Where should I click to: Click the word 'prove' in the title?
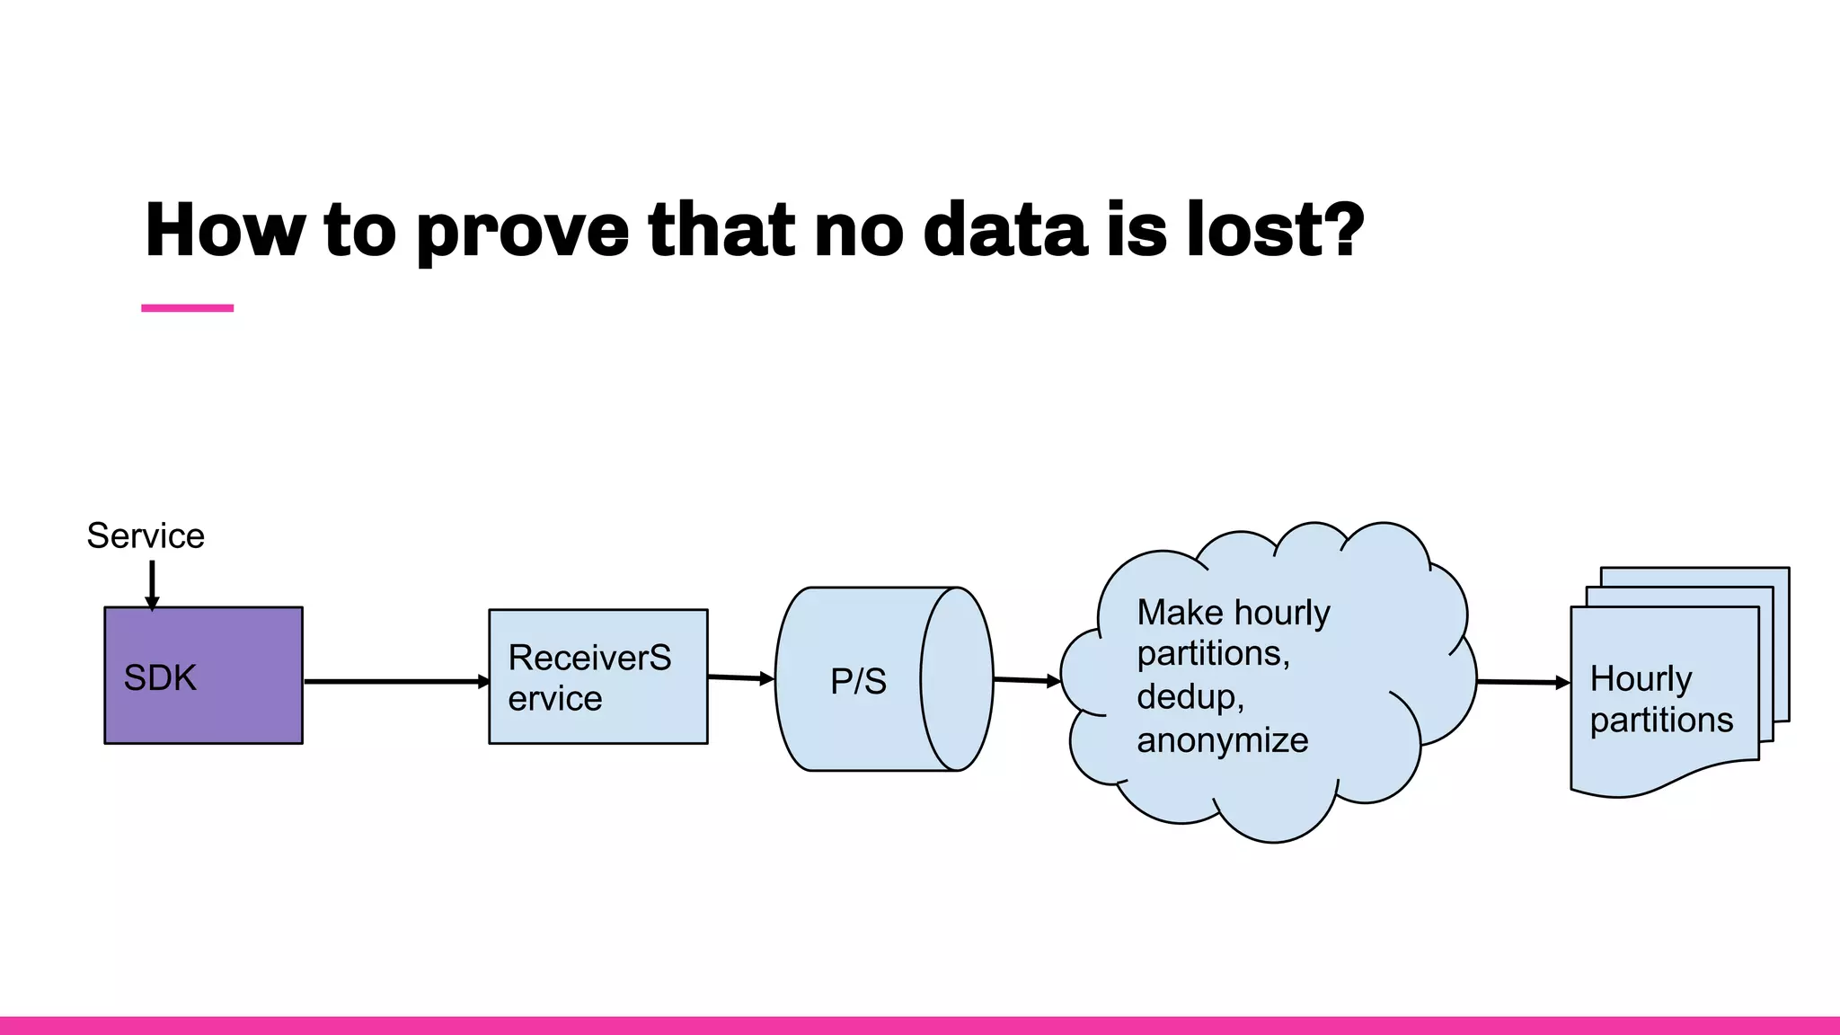pyautogui.click(x=522, y=232)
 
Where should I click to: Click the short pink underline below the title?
pyautogui.click(x=187, y=308)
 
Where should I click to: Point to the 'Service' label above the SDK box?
pyautogui.click(x=146, y=536)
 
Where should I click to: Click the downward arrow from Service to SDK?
pyautogui.click(x=152, y=583)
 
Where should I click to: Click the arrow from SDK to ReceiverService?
pyautogui.click(x=395, y=682)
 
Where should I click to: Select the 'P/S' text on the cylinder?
pyautogui.click(x=858, y=681)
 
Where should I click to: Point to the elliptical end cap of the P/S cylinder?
pyautogui.click(x=957, y=679)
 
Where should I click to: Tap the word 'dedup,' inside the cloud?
pyautogui.click(x=1190, y=697)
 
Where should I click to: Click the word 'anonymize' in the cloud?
pyautogui.click(x=1222, y=740)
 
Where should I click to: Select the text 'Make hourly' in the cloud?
pyautogui.click(x=1233, y=613)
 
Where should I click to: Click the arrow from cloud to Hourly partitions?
pyautogui.click(x=1522, y=682)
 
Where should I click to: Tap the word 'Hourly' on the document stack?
pyautogui.click(x=1641, y=678)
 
